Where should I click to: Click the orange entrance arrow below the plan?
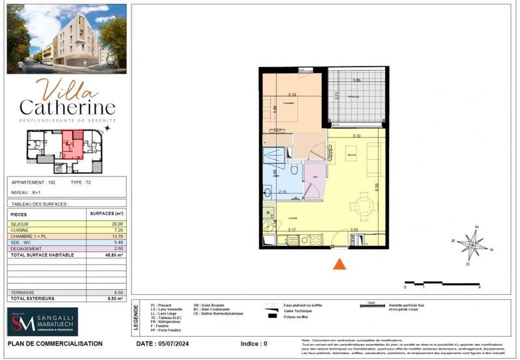338,264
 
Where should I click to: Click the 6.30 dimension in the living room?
376,187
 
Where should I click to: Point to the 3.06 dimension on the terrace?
356,80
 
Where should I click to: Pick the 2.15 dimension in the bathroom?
282,192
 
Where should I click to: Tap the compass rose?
472,245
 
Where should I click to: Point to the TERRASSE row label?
23,293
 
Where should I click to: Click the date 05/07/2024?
172,343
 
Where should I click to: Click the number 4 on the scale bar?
479,286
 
